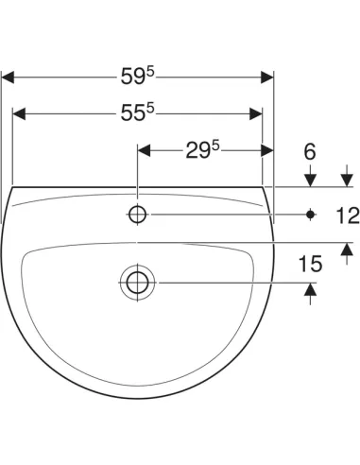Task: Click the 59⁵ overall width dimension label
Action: coord(138,77)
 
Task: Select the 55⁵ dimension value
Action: coord(138,112)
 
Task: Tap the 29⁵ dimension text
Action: coord(202,149)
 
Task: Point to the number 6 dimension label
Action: coord(310,151)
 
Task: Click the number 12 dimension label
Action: coord(348,215)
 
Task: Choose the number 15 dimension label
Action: coord(310,264)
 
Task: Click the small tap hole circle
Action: coord(138,215)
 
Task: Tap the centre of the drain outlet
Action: coord(138,283)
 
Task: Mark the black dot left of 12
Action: coord(311,215)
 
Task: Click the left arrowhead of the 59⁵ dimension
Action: coord(8,77)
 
